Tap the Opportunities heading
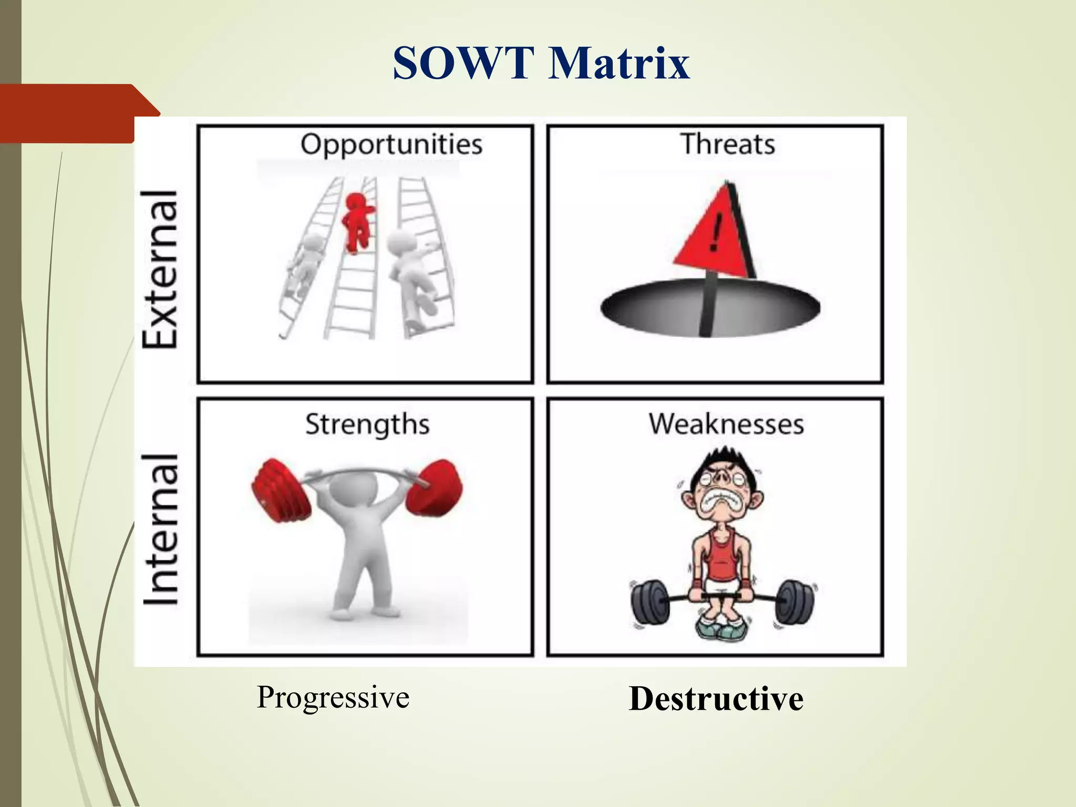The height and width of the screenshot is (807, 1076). [x=391, y=144]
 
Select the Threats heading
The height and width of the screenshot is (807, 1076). [x=728, y=144]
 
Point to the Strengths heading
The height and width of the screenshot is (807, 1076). [x=367, y=425]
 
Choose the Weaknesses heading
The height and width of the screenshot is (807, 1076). [x=726, y=424]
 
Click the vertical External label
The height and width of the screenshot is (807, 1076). [x=161, y=269]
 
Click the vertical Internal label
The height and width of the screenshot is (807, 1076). [x=161, y=530]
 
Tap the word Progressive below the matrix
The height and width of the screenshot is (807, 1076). [x=333, y=698]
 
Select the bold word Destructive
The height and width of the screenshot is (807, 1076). [x=716, y=699]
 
